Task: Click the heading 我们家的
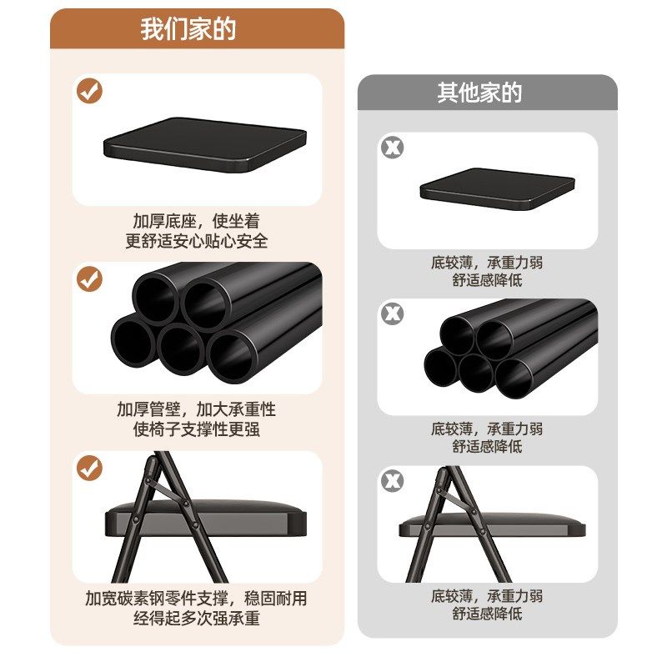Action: coord(188,29)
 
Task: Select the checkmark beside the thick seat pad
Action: coord(89,90)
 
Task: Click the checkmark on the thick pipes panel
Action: coord(89,279)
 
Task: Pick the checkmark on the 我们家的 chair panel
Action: coord(89,468)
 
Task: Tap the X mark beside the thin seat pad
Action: coord(392,148)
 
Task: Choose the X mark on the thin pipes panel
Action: coord(392,314)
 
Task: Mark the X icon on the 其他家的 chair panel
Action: coord(392,481)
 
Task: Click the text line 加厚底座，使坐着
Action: coord(196,222)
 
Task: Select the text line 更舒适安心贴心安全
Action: coord(197,241)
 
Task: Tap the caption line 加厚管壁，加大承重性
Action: coord(196,410)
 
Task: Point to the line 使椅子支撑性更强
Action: coord(196,429)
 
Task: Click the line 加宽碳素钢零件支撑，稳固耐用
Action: coord(196,599)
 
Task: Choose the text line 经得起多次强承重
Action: coord(196,618)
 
